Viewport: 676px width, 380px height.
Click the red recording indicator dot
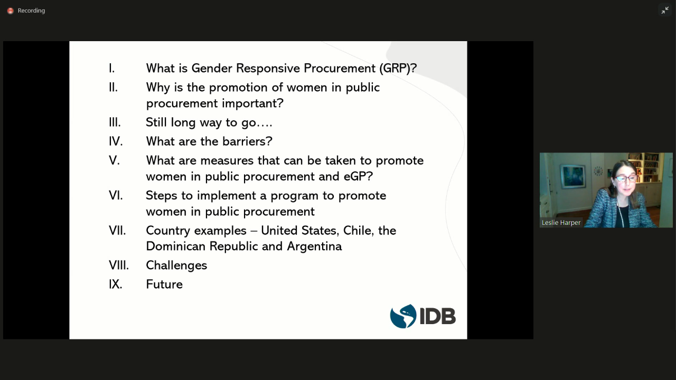point(11,11)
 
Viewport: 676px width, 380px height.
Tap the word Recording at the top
point(31,11)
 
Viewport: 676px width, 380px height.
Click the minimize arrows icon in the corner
point(665,11)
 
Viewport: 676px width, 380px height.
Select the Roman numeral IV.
point(116,141)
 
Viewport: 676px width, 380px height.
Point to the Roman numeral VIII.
point(119,265)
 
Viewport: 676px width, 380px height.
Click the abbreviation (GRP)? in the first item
point(398,69)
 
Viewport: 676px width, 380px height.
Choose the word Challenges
point(176,265)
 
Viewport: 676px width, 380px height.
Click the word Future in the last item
point(164,284)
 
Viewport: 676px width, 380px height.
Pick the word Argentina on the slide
point(314,246)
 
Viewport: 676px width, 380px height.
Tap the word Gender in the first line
point(212,68)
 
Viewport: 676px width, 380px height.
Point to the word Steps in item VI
point(162,196)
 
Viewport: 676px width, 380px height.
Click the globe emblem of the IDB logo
point(403,316)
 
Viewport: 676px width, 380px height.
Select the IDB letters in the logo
point(438,316)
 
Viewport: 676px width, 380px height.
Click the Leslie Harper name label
point(561,223)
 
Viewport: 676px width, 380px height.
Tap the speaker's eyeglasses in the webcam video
point(626,178)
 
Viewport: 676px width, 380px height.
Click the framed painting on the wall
point(572,176)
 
